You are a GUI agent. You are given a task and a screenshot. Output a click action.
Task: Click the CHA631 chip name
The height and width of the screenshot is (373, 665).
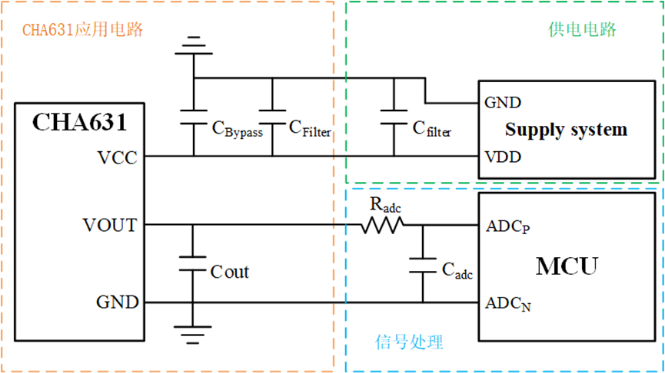79,123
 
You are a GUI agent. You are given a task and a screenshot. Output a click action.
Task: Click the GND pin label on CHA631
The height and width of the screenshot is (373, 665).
117,302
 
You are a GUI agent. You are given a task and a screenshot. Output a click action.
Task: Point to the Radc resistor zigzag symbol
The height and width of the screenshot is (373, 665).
382,225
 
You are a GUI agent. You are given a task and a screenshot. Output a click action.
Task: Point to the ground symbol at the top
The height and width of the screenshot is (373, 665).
194,46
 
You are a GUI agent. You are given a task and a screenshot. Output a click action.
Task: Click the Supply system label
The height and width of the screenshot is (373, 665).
566,129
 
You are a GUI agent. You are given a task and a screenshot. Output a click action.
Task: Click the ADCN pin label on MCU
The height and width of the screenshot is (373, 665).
507,304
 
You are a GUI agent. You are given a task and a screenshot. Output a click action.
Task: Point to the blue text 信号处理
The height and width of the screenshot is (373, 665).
410,341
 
